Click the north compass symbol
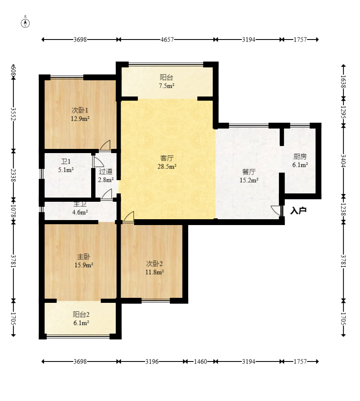[25, 23]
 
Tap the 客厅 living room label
[167, 158]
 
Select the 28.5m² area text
[167, 167]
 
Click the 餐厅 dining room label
[249, 172]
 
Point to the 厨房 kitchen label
[300, 156]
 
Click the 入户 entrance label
[298, 211]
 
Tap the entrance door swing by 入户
[276, 210]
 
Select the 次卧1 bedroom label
[79, 110]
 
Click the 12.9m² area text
[80, 119]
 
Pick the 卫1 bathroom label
[66, 161]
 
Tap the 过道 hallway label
[106, 171]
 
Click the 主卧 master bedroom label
[84, 257]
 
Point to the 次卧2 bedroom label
[154, 264]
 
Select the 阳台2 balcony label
[81, 314]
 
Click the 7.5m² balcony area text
[166, 86]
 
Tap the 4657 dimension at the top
[167, 40]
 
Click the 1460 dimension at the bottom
[200, 361]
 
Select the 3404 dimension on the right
[343, 161]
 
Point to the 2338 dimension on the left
[13, 175]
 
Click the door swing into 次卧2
[129, 217]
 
